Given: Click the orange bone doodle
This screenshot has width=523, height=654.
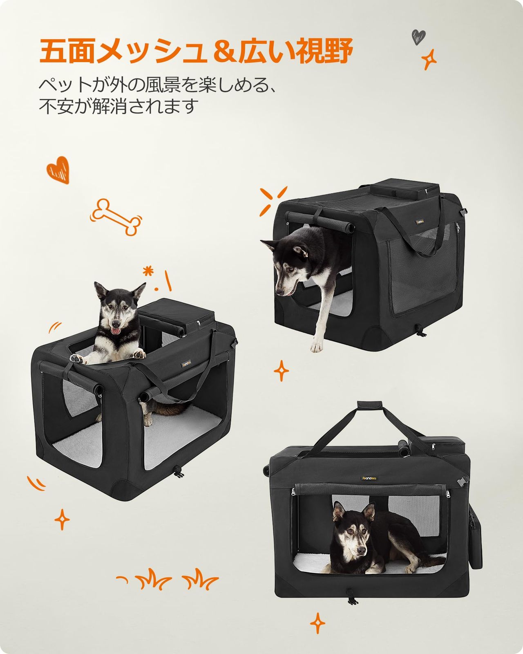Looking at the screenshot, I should [117, 216].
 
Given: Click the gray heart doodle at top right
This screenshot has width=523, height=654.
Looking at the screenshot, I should [418, 36].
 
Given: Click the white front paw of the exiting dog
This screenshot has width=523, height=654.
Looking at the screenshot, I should [315, 347].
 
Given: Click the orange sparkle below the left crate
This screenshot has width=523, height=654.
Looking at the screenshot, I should [62, 520].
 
